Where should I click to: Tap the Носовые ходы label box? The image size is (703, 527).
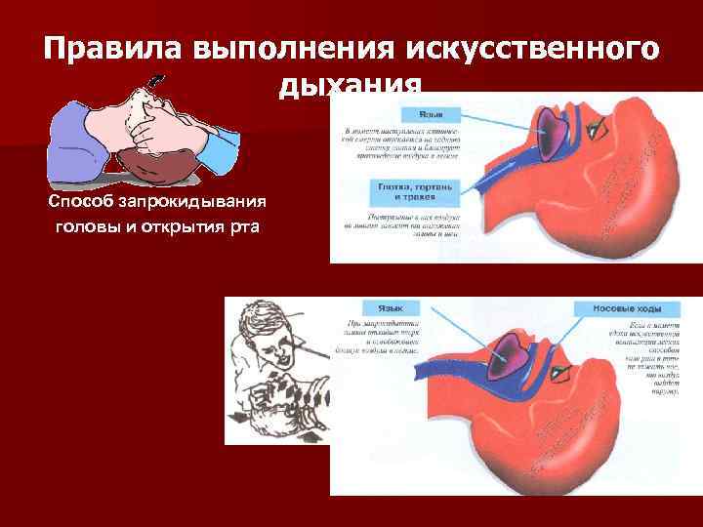click(x=625, y=308)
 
